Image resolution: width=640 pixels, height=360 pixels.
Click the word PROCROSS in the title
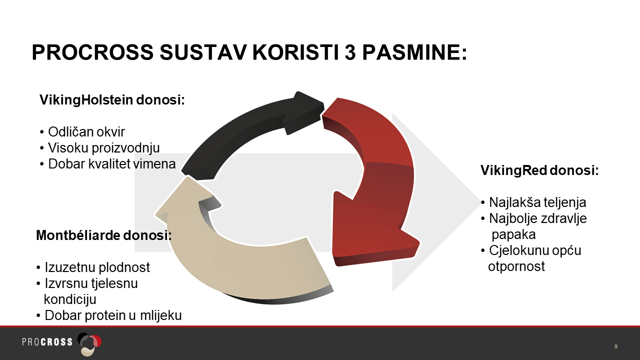(x=92, y=52)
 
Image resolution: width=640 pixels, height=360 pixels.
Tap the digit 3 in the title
(x=350, y=52)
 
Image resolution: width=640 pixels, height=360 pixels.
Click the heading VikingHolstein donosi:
(x=112, y=100)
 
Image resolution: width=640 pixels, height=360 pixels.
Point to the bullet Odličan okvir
(x=82, y=131)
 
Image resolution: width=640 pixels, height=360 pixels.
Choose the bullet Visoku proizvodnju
(x=99, y=147)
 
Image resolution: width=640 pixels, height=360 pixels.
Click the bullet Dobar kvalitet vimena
(x=107, y=163)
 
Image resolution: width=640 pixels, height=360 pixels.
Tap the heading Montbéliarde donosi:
(x=103, y=235)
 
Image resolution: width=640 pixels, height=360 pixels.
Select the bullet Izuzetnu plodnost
(x=93, y=267)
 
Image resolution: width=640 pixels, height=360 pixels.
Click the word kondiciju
(x=70, y=299)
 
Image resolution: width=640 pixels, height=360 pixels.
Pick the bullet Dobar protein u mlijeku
(x=109, y=315)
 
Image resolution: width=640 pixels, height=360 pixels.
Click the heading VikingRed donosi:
(x=539, y=170)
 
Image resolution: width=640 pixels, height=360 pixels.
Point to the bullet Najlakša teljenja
(x=533, y=202)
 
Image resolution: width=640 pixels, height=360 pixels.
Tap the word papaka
(x=513, y=234)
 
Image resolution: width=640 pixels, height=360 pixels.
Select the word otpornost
(x=516, y=266)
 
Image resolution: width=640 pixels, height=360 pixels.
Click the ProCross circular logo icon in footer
(x=89, y=343)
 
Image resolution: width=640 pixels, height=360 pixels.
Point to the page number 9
(x=615, y=346)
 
